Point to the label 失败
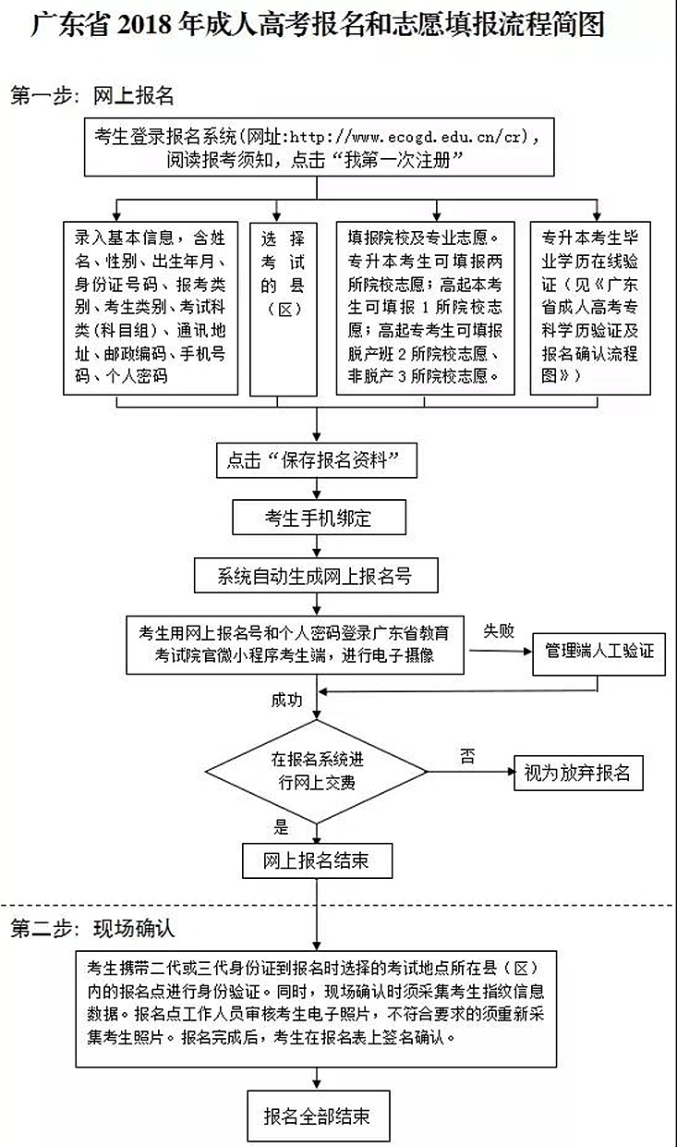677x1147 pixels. [x=499, y=631]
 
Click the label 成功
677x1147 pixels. [x=286, y=700]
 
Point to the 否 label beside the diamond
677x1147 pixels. [x=467, y=756]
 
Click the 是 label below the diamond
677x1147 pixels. [x=281, y=826]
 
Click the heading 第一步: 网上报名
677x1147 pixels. [x=92, y=96]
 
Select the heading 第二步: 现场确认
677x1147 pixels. [x=92, y=928]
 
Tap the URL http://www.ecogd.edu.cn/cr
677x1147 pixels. [x=405, y=137]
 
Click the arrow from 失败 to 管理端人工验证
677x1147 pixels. [x=501, y=652]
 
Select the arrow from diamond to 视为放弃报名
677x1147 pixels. [x=471, y=772]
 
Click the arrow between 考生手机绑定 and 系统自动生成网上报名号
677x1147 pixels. [x=317, y=546]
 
